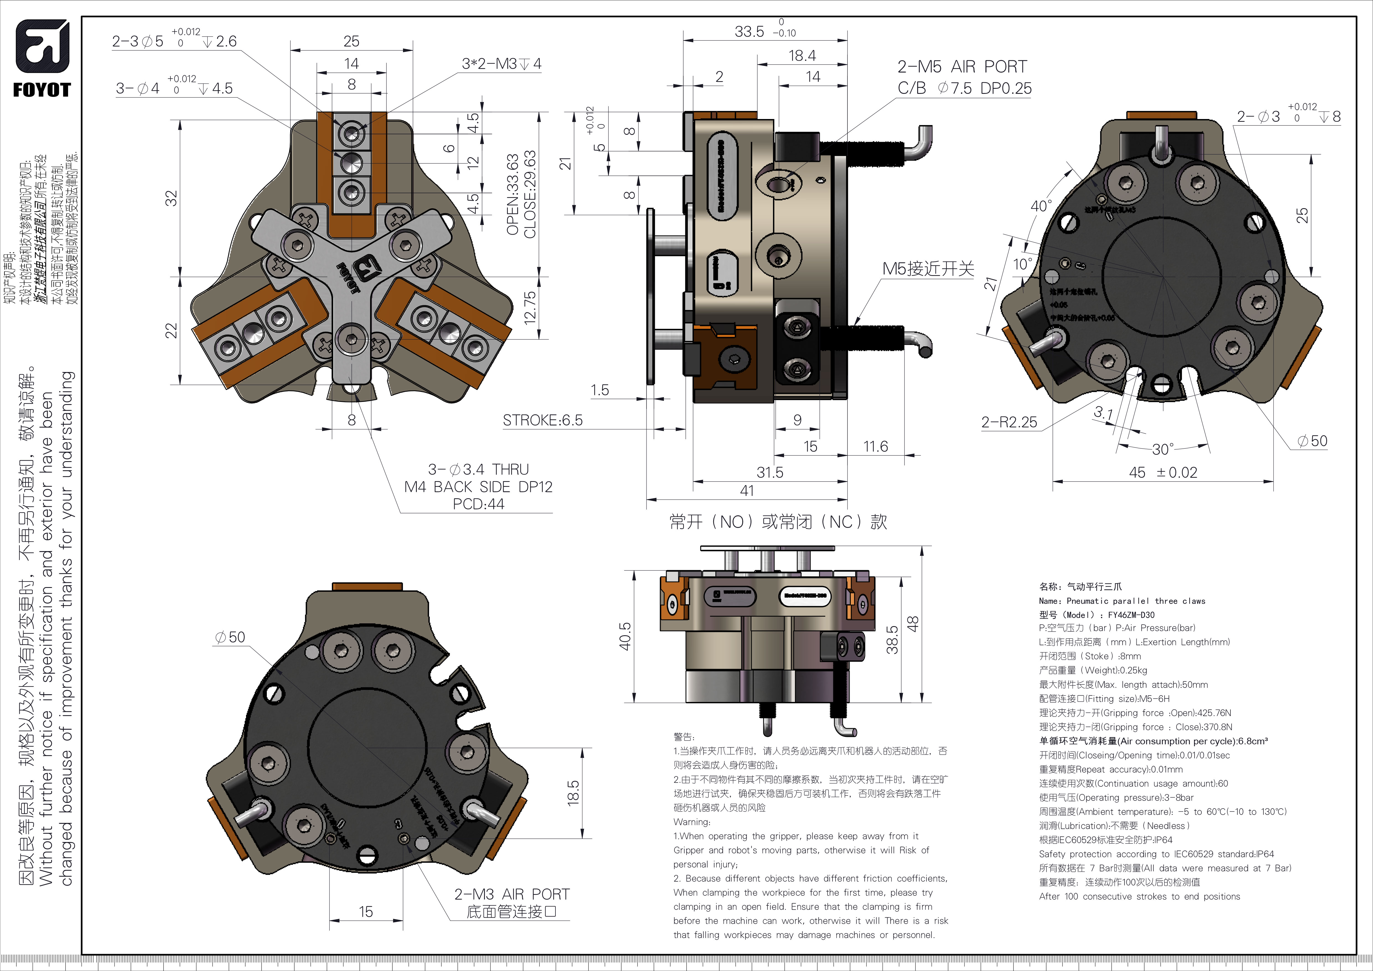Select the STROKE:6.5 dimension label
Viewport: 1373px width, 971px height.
pos(542,420)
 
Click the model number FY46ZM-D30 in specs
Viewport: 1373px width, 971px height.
pos(1131,615)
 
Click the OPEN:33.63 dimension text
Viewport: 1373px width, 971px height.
pos(513,194)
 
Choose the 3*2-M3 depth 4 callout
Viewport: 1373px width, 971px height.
pos(501,64)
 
